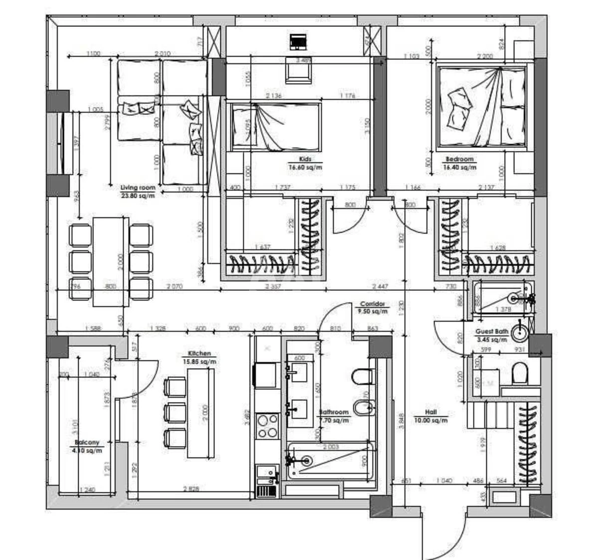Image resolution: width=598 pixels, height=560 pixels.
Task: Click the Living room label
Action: click(x=138, y=188)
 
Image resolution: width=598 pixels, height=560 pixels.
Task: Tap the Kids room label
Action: click(x=305, y=159)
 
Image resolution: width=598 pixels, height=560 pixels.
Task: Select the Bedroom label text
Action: click(x=459, y=159)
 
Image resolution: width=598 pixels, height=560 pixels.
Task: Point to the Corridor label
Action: click(x=372, y=304)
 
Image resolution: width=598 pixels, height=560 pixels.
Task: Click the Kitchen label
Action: click(x=199, y=353)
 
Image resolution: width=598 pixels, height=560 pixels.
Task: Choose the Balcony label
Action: click(x=87, y=442)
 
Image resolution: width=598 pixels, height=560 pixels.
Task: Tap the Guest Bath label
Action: click(x=491, y=331)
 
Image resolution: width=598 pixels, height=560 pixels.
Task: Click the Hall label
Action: click(x=431, y=412)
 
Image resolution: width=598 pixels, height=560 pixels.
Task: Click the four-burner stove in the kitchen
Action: click(x=267, y=426)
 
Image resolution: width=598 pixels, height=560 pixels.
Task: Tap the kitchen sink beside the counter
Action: click(x=266, y=474)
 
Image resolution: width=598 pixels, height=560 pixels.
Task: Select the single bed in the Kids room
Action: click(x=275, y=126)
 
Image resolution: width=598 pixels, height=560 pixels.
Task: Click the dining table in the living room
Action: click(x=110, y=261)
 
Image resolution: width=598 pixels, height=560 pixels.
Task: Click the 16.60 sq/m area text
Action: click(x=305, y=168)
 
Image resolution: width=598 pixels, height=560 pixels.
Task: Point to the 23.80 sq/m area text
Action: click(x=138, y=196)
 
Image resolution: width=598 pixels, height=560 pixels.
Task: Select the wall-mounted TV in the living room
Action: click(x=62, y=143)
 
